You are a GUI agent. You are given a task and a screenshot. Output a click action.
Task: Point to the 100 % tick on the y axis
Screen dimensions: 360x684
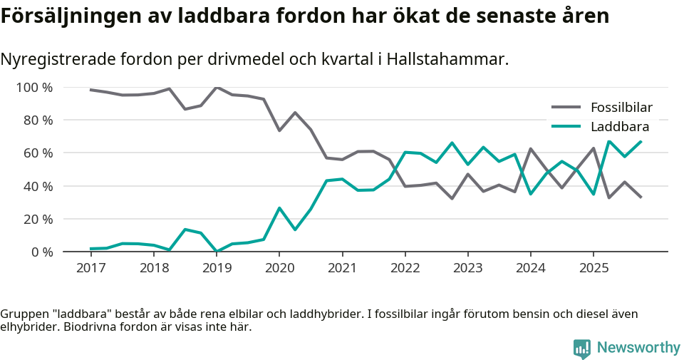[34, 88]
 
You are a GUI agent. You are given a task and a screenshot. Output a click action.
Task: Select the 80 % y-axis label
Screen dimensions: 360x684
[37, 120]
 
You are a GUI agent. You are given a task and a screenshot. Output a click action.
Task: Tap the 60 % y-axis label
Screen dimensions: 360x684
[37, 153]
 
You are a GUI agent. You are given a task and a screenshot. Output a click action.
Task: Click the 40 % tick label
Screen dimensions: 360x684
[37, 186]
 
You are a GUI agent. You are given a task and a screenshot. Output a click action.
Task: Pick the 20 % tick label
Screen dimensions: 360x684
[37, 219]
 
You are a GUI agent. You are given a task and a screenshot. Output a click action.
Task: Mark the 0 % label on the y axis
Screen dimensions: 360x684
[41, 252]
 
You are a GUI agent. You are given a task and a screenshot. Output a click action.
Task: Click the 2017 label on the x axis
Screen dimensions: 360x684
[90, 268]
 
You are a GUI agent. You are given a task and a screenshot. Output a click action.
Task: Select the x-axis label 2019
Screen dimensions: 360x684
[217, 268]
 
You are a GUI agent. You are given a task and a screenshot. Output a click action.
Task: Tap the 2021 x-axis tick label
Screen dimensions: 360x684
[342, 268]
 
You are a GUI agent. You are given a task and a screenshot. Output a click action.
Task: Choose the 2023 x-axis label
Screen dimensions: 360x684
[467, 268]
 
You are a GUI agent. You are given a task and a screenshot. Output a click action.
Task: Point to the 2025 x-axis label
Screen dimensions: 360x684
[593, 268]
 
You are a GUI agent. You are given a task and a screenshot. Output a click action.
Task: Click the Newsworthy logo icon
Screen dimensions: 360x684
[582, 348]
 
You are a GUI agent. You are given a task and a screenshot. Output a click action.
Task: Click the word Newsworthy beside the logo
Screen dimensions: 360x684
[638, 348]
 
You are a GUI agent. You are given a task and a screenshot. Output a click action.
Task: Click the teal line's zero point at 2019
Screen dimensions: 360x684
[217, 251]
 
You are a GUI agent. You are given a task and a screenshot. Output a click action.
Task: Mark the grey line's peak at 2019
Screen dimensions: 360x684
[217, 88]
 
